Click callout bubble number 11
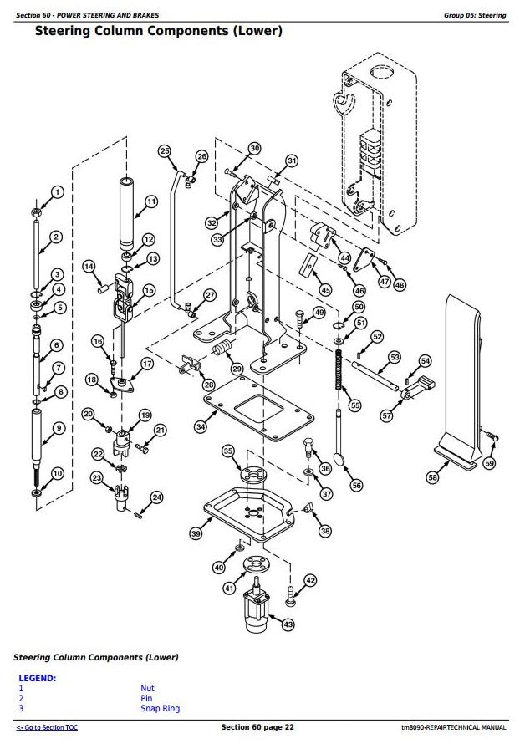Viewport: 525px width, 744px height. pos(151,201)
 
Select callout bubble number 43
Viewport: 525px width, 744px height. pos(288,624)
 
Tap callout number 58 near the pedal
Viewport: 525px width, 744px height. pos(432,477)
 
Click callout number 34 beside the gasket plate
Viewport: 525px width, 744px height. pos(201,427)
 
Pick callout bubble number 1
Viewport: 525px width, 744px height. pos(57,192)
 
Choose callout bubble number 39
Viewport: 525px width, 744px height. pos(196,533)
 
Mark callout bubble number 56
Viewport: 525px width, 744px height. pos(357,485)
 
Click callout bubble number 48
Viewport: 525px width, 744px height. pos(400,284)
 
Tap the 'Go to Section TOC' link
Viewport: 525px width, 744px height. pos(48,728)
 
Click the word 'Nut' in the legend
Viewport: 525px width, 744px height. pos(147,689)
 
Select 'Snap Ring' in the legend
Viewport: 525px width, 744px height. pos(160,709)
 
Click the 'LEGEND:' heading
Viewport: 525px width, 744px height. pos(38,678)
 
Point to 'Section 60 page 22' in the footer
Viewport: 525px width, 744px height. pos(257,727)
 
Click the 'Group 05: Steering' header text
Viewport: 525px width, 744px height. pos(475,16)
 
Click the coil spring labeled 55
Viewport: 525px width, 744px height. pos(340,369)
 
